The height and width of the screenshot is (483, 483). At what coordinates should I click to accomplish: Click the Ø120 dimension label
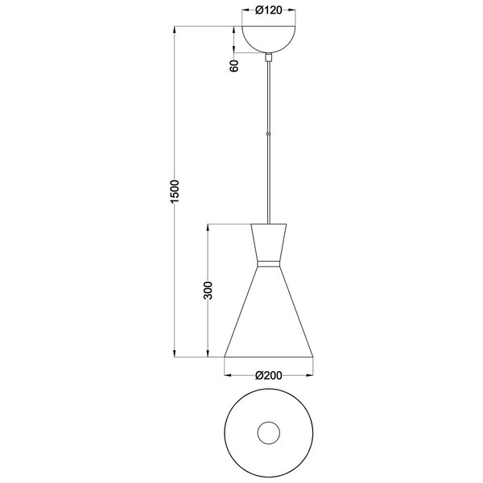[269, 11]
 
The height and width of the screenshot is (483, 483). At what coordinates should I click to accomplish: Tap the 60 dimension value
[234, 66]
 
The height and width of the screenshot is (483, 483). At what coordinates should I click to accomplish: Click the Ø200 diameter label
[269, 375]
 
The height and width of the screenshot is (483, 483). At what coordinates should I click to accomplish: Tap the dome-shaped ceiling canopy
[268, 39]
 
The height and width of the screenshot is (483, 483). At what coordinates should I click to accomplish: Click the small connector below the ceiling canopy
[269, 57]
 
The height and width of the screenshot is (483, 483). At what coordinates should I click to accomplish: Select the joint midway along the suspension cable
[269, 134]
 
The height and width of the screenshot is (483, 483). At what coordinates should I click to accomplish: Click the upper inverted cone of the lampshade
[269, 242]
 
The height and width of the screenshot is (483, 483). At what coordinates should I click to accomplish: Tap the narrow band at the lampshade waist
[269, 263]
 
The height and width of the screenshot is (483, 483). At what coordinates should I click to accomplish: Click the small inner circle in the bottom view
[269, 435]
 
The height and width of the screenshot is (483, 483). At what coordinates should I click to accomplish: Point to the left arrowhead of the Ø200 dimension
[226, 375]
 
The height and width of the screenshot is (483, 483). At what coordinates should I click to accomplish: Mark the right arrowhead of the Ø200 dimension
[311, 375]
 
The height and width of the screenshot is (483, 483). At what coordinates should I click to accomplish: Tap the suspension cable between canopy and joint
[269, 97]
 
